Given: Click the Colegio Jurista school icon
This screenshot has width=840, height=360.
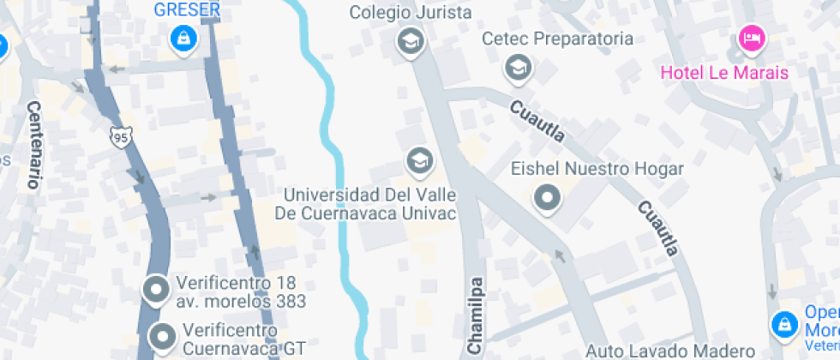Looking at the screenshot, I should [x=411, y=39].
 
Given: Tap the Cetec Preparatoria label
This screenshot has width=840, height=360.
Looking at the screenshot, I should [x=557, y=39].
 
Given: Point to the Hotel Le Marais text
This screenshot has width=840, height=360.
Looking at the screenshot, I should [x=724, y=72].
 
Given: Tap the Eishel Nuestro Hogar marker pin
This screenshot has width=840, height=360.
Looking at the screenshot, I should [x=546, y=198].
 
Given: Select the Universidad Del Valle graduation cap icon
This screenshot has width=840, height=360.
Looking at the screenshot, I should [x=418, y=159].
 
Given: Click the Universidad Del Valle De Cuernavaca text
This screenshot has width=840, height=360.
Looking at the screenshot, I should [x=369, y=205].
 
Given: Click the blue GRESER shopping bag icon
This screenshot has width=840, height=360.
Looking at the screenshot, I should [x=183, y=38].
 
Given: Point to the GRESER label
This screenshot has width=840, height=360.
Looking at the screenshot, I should [x=187, y=10].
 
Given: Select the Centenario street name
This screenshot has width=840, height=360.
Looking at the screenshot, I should [x=34, y=144].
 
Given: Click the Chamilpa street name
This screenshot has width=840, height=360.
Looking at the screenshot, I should [x=477, y=315].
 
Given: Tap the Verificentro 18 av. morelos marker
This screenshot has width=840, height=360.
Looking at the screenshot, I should [x=156, y=291].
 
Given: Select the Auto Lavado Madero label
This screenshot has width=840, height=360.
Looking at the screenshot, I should [x=669, y=351].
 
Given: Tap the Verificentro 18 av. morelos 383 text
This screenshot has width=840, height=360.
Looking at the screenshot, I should [x=241, y=292].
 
